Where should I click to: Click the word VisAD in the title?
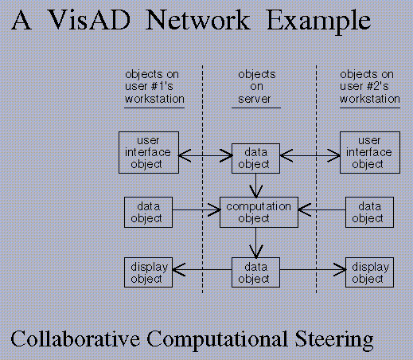click(x=90, y=20)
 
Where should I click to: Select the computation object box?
click(x=259, y=212)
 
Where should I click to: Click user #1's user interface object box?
click(x=149, y=152)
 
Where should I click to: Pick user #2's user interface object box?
click(x=370, y=152)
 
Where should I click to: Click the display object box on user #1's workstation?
click(x=148, y=272)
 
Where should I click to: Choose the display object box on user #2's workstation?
click(x=369, y=272)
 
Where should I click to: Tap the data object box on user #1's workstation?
click(x=148, y=212)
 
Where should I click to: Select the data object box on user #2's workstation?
click(x=369, y=212)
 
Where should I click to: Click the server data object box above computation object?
click(x=255, y=158)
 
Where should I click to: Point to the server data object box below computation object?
click(x=255, y=272)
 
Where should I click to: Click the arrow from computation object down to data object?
click(x=256, y=243)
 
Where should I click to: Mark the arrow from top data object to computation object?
click(x=256, y=186)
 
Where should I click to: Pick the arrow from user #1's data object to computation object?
click(x=197, y=209)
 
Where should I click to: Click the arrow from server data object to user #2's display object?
click(x=313, y=270)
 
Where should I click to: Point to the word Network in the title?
click(x=198, y=20)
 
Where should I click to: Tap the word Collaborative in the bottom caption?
click(x=75, y=338)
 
